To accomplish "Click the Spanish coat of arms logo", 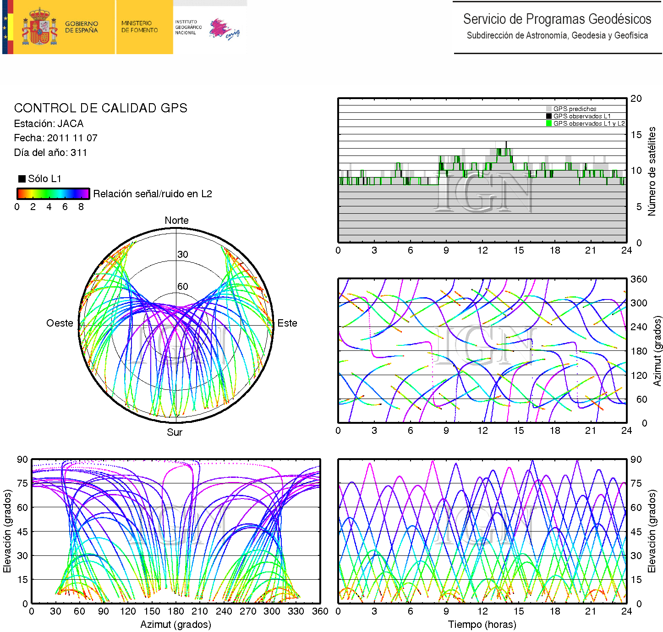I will point(40,27).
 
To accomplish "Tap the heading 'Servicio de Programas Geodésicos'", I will point(557,19).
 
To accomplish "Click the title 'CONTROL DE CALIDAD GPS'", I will point(100,108).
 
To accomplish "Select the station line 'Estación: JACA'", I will point(49,123).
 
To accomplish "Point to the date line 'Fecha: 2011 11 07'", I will point(55,138).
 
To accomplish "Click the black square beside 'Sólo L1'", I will point(22,178).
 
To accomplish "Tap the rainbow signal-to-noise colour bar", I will point(53,194).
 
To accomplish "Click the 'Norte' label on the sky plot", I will point(176,220).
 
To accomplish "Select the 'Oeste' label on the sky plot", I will point(60,323).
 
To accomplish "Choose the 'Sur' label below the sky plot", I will point(175,432).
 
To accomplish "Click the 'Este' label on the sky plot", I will point(287,323).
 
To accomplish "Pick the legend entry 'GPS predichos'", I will point(575,109).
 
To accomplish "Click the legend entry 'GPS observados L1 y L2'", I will point(589,123).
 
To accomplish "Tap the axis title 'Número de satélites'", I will point(651,171).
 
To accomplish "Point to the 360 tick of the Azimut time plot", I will point(639,279).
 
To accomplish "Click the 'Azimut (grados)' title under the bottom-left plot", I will point(175,624).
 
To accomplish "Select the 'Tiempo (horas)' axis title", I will point(482,624).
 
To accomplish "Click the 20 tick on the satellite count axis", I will point(636,98).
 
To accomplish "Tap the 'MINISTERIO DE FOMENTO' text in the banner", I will point(139,27).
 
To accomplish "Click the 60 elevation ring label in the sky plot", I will point(182,286).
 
